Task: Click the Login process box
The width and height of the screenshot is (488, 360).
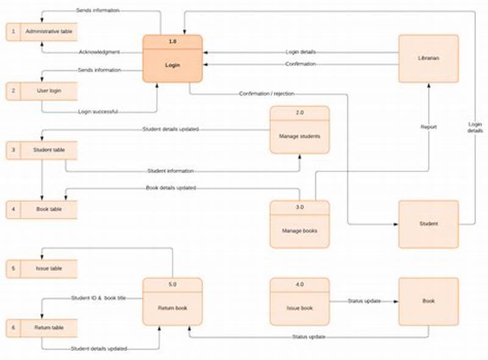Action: [x=173, y=59]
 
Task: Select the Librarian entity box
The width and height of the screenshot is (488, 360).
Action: [x=428, y=59]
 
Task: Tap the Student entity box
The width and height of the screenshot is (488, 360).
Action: [x=428, y=224]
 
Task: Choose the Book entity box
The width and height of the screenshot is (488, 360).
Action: [x=428, y=301]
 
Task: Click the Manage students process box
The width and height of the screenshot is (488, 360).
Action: [x=300, y=130]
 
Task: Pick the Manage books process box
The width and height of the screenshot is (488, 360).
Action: [x=300, y=224]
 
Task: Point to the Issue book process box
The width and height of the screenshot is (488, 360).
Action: [x=300, y=301]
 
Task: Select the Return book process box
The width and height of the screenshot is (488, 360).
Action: [x=173, y=301]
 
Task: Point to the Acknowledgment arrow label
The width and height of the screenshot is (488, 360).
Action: [x=99, y=52]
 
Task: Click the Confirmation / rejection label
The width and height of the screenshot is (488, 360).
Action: [x=267, y=94]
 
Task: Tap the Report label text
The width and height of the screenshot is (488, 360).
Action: [x=428, y=127]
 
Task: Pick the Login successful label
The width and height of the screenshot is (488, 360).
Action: [x=98, y=112]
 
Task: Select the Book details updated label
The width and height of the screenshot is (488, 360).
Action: [x=171, y=188]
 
